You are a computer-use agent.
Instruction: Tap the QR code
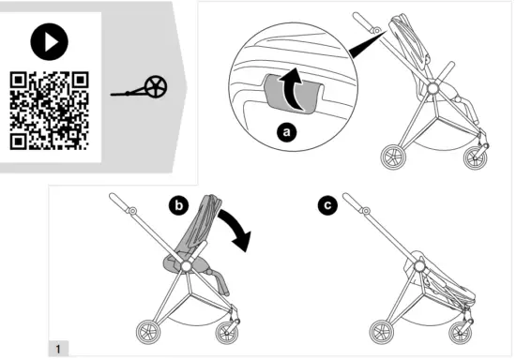tap(49, 110)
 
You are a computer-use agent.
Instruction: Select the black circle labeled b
tap(179, 203)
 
